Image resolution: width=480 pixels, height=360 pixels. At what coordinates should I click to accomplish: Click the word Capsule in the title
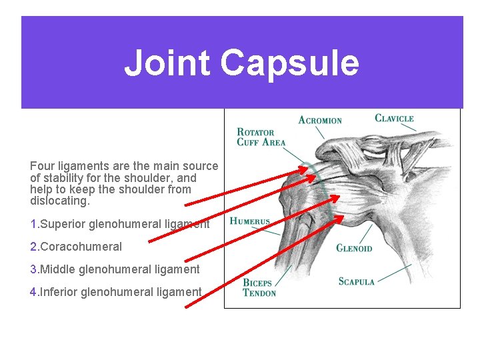click(289, 63)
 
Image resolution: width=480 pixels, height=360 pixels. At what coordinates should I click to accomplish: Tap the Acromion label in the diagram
click(320, 121)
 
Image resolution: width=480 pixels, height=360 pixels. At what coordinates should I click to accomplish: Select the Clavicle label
click(394, 119)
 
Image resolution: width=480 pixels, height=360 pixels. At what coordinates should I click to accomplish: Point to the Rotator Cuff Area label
click(261, 137)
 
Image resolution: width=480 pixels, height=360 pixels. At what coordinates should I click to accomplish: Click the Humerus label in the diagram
click(250, 221)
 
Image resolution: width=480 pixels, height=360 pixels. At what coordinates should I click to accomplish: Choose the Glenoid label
click(354, 249)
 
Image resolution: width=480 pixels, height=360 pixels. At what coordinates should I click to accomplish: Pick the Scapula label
click(357, 282)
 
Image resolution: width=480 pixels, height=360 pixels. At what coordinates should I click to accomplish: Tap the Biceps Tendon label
click(259, 288)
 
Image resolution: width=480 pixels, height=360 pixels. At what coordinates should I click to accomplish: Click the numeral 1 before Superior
click(33, 224)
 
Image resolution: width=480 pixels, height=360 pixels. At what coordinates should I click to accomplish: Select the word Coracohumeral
click(81, 247)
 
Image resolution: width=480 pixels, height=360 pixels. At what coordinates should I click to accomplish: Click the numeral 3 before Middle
click(33, 269)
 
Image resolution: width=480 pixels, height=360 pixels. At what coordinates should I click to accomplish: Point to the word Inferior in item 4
click(59, 292)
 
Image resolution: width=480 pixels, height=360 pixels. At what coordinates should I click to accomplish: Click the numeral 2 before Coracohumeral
click(33, 247)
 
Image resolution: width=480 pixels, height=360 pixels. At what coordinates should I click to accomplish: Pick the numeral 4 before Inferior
click(33, 292)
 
